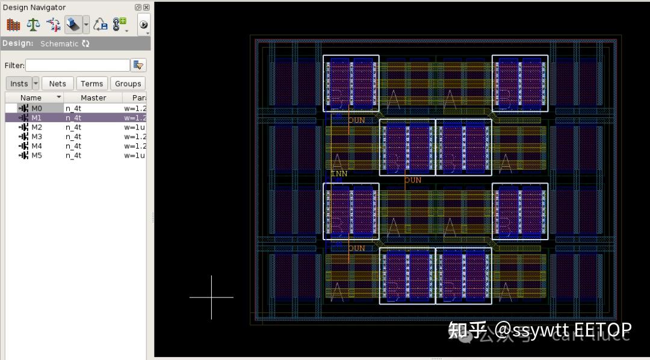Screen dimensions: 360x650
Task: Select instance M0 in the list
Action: click(x=36, y=108)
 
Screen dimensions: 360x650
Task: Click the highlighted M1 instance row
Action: click(x=36, y=118)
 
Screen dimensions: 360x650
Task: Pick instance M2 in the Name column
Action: click(x=36, y=128)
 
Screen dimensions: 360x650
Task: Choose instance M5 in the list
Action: click(x=36, y=155)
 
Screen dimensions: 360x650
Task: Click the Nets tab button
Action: click(x=58, y=84)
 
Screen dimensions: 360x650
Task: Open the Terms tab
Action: click(x=91, y=84)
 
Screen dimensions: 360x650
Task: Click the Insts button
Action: click(x=19, y=84)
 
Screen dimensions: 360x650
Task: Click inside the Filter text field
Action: click(x=77, y=65)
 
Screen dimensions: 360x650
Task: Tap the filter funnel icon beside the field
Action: click(x=138, y=65)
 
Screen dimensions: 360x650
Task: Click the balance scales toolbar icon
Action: click(x=33, y=25)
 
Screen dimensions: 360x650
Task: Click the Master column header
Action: click(x=93, y=98)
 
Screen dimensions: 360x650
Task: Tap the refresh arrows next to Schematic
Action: click(x=85, y=44)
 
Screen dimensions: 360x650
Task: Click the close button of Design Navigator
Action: click(x=146, y=7)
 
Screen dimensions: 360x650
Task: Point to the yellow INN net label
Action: click(x=339, y=174)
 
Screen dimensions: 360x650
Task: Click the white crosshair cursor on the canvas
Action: click(x=211, y=297)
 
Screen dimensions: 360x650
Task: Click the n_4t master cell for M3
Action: click(x=73, y=137)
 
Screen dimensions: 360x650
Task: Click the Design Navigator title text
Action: click(x=34, y=7)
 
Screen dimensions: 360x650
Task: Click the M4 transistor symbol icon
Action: click(x=23, y=146)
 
